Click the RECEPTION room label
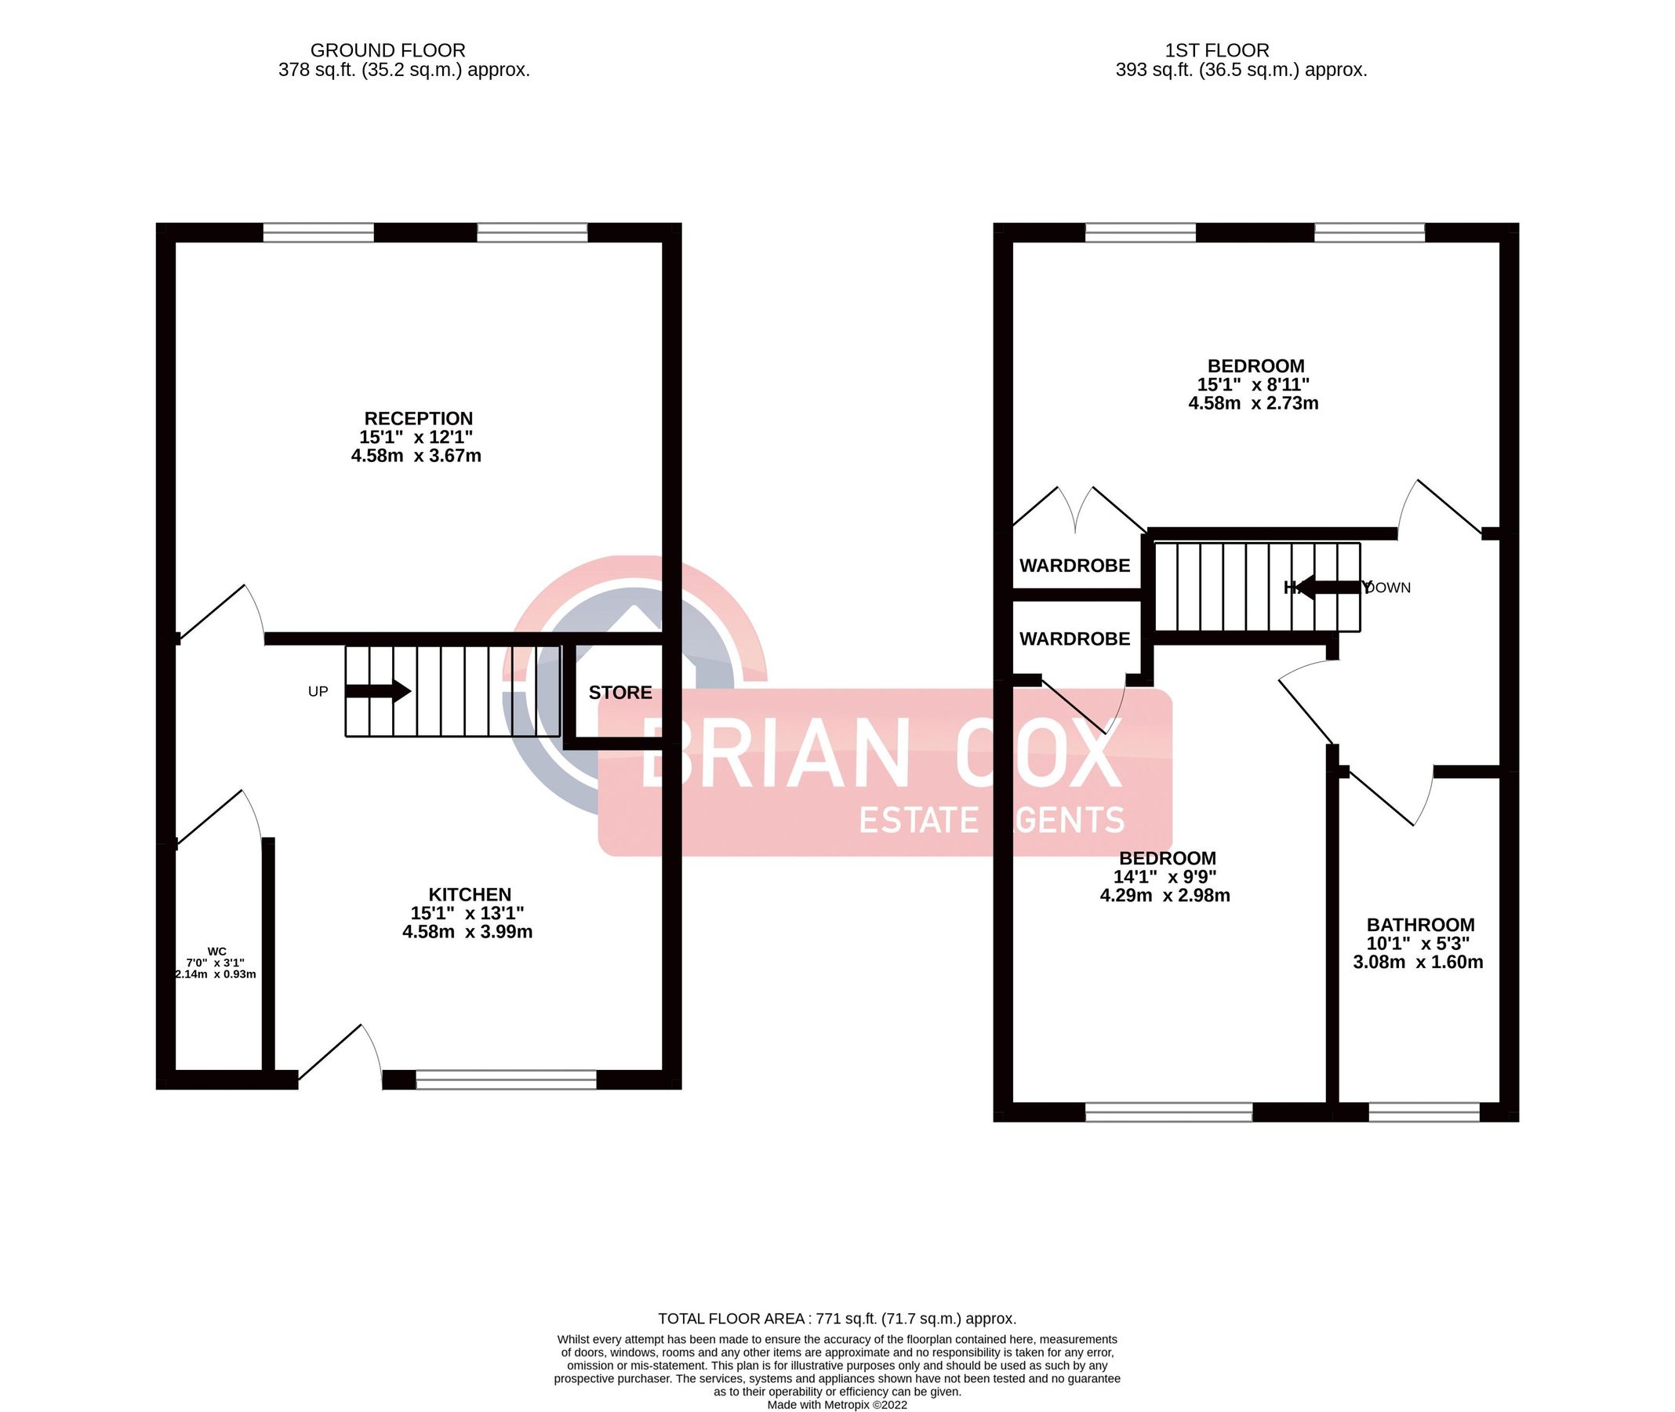pyautogui.click(x=418, y=419)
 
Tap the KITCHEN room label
pyautogui.click(x=469, y=895)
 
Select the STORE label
pyautogui.click(x=620, y=693)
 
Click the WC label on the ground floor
pyautogui.click(x=217, y=952)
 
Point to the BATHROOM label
pyautogui.click(x=1420, y=925)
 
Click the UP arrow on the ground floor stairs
pyautogui.click(x=379, y=691)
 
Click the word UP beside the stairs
pyautogui.click(x=318, y=692)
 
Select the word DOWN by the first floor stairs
pyautogui.click(x=1389, y=588)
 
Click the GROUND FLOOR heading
pyautogui.click(x=387, y=50)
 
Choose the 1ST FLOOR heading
pyautogui.click(x=1216, y=50)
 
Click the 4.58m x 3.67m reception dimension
pyautogui.click(x=416, y=457)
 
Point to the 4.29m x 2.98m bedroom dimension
pyautogui.click(x=1165, y=896)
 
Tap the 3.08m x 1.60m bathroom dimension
pyautogui.click(x=1417, y=963)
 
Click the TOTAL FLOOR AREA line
pyautogui.click(x=837, y=1319)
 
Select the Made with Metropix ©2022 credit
pyautogui.click(x=837, y=1405)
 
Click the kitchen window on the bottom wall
pyautogui.click(x=506, y=1080)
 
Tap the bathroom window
pyautogui.click(x=1424, y=1112)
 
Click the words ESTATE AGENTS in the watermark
pyautogui.click(x=991, y=820)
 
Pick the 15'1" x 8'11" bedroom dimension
pyautogui.click(x=1252, y=385)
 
